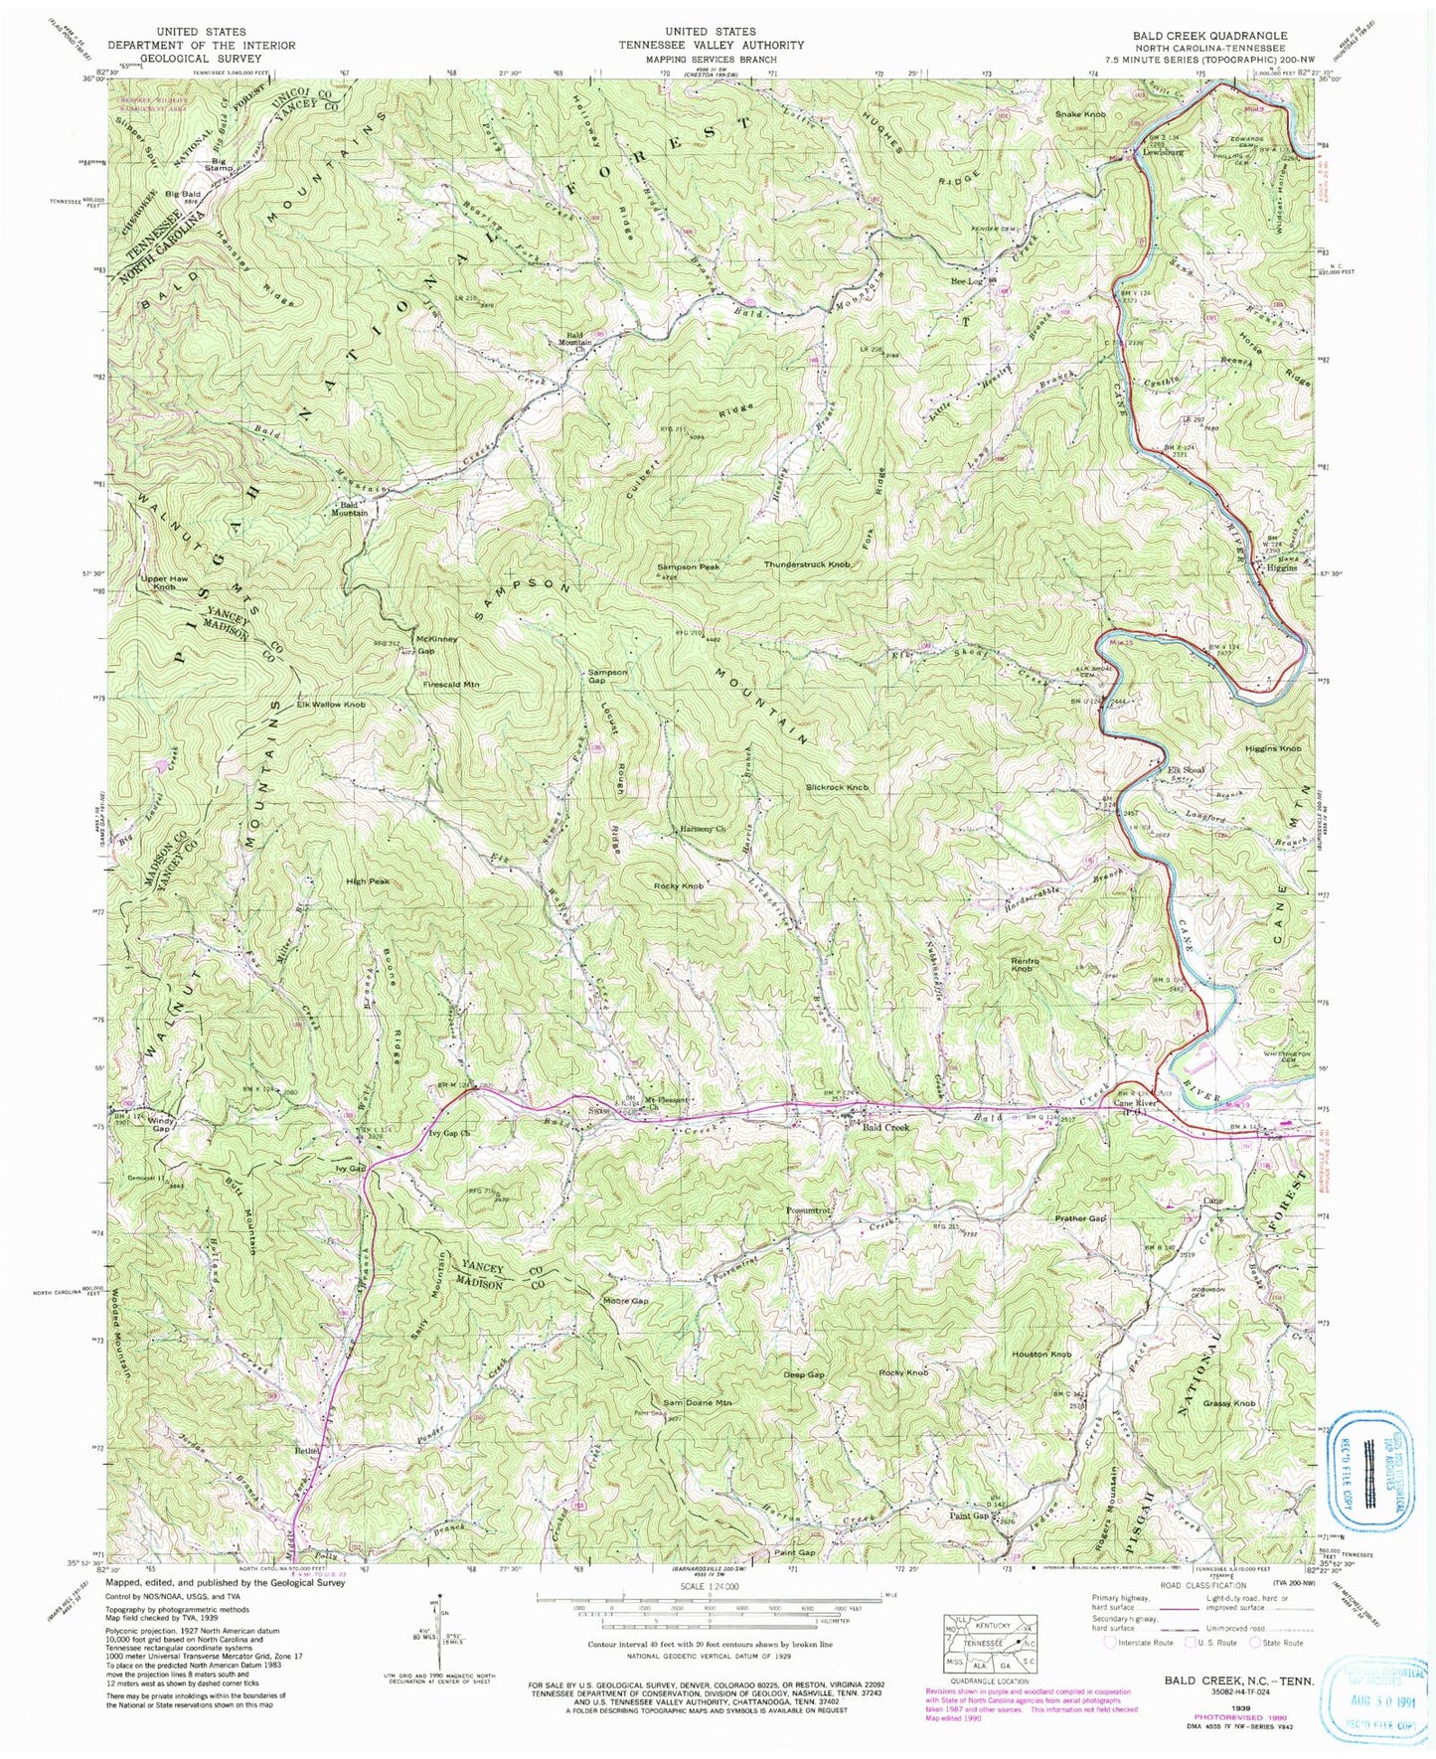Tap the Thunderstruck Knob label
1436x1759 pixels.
click(807, 564)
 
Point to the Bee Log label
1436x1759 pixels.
click(966, 281)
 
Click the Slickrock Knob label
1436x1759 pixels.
click(838, 787)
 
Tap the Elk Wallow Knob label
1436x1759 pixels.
click(331, 705)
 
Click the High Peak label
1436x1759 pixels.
click(367, 881)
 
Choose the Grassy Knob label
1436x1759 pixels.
click(1229, 1403)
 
